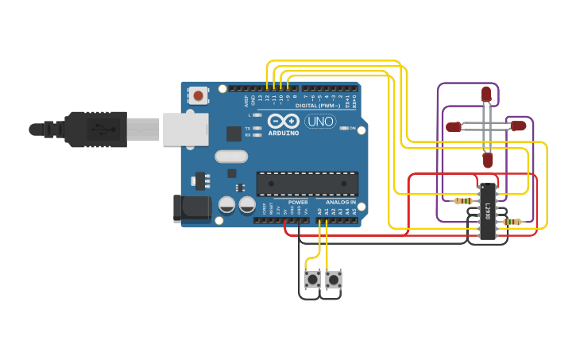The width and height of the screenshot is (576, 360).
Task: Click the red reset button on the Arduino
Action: [198, 96]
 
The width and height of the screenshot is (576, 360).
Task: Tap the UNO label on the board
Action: [320, 122]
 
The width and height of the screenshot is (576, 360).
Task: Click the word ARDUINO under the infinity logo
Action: [284, 133]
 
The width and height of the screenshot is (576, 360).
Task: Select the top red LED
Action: [486, 95]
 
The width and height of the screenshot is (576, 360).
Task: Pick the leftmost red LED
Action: [454, 126]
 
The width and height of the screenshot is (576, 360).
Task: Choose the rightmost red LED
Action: [518, 126]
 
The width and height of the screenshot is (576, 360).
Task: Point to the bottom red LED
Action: [488, 160]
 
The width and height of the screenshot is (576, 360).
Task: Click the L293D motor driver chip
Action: [487, 211]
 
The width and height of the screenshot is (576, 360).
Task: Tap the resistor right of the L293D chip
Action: [512, 222]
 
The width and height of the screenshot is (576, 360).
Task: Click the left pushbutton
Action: [313, 279]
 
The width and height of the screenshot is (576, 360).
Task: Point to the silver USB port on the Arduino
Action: [185, 129]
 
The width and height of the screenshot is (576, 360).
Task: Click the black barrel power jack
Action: [191, 208]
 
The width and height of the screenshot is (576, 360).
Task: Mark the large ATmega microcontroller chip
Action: [307, 184]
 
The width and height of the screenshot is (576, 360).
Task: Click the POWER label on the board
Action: [298, 202]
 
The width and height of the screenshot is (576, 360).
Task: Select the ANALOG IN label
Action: [342, 202]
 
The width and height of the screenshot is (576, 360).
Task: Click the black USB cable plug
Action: [95, 129]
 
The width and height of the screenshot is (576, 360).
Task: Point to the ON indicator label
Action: [352, 128]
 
